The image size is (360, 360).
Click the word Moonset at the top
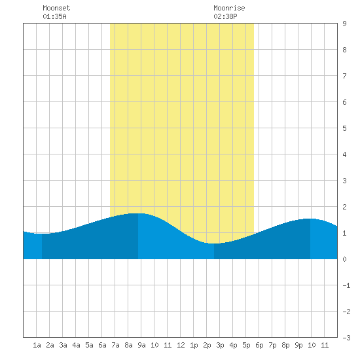tap(56, 8)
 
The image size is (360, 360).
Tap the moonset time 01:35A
tap(54, 16)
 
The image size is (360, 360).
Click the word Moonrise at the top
tap(229, 8)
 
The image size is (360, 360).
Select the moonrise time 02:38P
tap(225, 16)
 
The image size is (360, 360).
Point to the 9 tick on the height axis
tap(344, 24)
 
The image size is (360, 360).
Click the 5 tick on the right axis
tap(344, 128)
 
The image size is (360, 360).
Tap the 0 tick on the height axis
tap(344, 259)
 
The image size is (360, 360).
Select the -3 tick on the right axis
tap(346, 338)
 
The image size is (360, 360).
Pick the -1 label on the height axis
tap(346, 285)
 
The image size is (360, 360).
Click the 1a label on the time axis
tap(37, 345)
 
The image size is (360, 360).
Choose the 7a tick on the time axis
tap(115, 345)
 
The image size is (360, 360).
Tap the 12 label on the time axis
tap(181, 345)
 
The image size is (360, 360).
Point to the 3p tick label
tap(220, 345)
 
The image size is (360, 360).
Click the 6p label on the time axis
tap(259, 345)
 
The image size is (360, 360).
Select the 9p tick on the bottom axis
tap(298, 345)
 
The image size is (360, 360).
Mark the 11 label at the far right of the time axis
tap(325, 345)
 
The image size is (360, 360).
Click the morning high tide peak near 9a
tap(138, 213)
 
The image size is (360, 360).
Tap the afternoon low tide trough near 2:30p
tap(214, 243)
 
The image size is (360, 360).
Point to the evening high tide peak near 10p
tap(310, 219)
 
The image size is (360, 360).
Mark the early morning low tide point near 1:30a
tap(42, 234)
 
